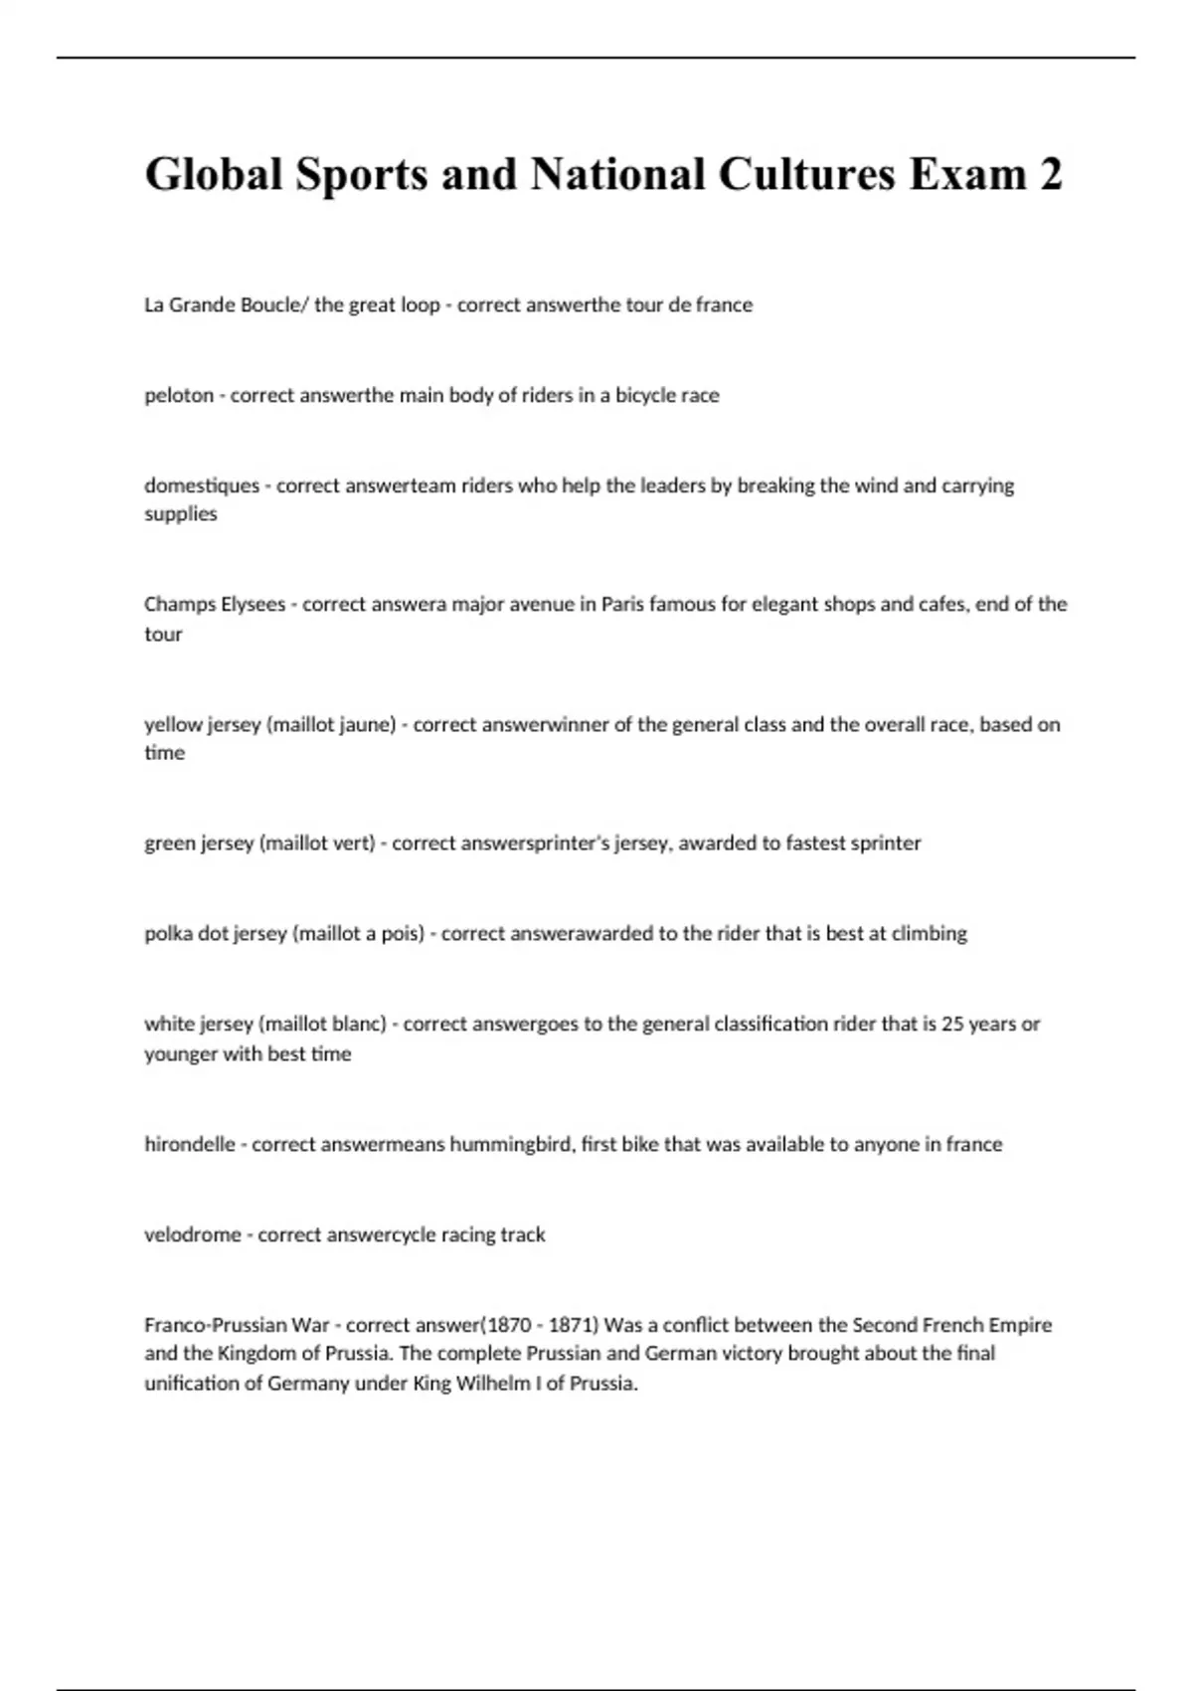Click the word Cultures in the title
click(805, 174)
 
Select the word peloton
click(179, 395)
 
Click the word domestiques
click(202, 485)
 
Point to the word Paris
click(622, 604)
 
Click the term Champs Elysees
click(215, 604)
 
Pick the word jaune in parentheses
click(368, 724)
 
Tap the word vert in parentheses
click(355, 843)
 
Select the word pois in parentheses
click(403, 933)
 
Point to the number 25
click(952, 1024)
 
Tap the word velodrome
click(193, 1234)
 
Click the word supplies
click(181, 513)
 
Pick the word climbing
click(930, 933)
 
